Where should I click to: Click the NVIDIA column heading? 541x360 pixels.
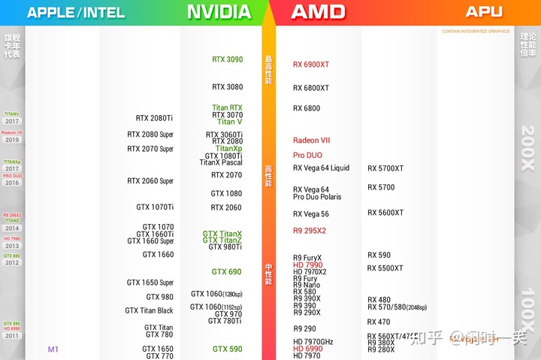219,12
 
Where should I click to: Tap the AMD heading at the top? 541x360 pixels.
318,12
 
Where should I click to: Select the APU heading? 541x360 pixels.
484,12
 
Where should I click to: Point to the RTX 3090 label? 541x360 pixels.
227,59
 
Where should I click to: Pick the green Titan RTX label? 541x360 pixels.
227,107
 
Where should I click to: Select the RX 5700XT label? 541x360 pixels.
385,168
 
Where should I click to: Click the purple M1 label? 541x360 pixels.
53,349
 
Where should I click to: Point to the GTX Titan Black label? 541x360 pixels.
149,310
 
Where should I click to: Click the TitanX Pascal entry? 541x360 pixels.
221,162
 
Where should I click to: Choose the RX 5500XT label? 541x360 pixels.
385,268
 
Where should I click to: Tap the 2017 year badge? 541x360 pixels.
12,121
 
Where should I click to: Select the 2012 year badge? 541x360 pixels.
12,262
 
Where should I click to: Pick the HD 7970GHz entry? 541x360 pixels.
313,342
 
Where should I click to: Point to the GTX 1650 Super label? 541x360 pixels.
150,283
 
